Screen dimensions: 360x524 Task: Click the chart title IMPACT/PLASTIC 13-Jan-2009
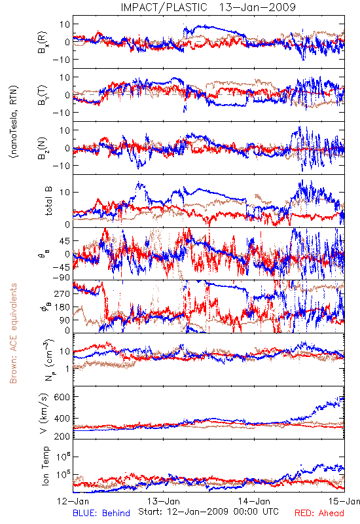[208, 7]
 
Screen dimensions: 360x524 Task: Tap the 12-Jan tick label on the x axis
[72, 501]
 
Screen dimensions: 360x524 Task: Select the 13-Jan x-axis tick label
[164, 501]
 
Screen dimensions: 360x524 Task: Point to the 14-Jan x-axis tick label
[254, 501]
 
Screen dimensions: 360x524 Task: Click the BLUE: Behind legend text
[101, 513]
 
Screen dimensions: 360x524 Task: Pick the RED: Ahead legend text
[319, 513]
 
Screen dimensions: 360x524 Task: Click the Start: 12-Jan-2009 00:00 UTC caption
[208, 512]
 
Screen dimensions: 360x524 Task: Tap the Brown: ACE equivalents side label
[13, 333]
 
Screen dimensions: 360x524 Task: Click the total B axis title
[48, 201]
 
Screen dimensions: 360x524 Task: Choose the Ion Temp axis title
[45, 466]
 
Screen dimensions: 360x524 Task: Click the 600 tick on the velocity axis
[62, 397]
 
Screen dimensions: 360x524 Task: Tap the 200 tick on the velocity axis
[62, 436]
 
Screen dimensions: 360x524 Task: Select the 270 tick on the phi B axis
[62, 293]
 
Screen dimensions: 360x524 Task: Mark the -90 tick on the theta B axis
[61, 278]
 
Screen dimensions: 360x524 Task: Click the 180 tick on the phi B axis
[62, 307]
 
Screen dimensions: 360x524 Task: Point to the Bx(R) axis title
[43, 43]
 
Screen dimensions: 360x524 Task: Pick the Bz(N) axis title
[43, 148]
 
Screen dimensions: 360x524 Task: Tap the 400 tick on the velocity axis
[62, 419]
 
